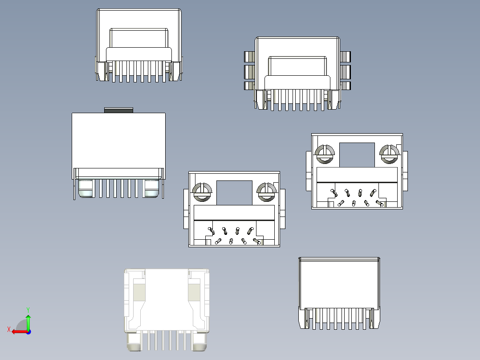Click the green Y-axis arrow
[28, 322]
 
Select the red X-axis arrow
[18, 331]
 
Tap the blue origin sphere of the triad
[28, 331]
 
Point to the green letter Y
[28, 309]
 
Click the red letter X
[8, 329]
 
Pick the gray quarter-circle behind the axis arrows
[22, 325]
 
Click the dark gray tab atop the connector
[118, 110]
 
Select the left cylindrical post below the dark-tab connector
[86, 188]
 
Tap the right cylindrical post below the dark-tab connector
[151, 188]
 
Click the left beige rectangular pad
[139, 292]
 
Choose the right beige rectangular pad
[194, 292]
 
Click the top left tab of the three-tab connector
[249, 57]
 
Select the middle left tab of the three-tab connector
[249, 71]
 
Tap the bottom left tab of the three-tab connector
[249, 85]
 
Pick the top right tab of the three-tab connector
[346, 57]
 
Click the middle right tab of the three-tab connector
[346, 71]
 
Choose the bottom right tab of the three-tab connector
[346, 85]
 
